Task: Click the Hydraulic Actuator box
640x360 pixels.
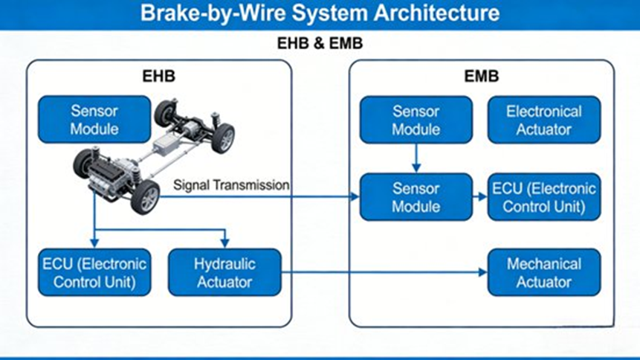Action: tap(224, 272)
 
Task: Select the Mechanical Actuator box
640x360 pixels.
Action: tap(543, 272)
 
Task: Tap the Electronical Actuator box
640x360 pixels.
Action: tap(543, 120)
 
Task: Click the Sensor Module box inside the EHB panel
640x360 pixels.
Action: tap(94, 120)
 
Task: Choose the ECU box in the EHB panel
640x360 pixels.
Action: tap(94, 272)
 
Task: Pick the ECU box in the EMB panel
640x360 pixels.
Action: tap(543, 196)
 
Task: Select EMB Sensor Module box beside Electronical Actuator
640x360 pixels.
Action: tap(416, 120)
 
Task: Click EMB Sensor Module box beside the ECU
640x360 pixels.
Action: tap(416, 196)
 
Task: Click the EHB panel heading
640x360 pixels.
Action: tap(158, 77)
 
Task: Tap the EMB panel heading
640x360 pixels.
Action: tap(481, 77)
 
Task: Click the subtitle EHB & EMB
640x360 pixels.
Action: tap(320, 44)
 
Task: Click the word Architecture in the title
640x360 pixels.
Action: tap(429, 13)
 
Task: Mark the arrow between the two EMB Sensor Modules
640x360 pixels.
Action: tap(416, 158)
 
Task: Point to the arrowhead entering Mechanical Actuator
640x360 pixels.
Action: tap(482, 272)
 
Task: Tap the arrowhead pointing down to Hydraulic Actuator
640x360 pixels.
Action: tap(224, 243)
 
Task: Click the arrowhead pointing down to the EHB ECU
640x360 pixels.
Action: tap(94, 243)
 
